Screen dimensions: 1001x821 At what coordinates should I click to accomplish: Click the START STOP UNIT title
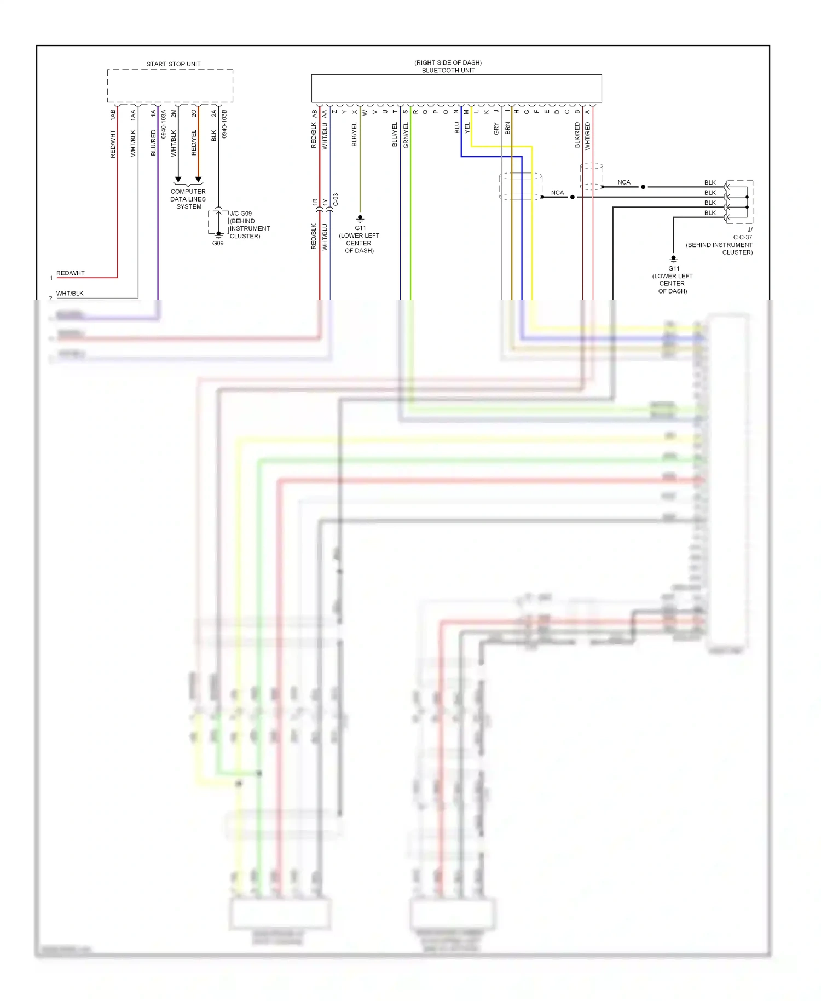[x=173, y=64]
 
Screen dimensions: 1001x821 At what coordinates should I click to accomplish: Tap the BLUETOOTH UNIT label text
[x=448, y=71]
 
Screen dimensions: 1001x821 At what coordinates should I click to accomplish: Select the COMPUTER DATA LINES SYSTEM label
[x=188, y=199]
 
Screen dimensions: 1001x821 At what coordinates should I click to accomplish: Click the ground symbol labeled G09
[x=218, y=235]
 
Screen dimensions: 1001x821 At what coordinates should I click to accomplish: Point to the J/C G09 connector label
[x=241, y=214]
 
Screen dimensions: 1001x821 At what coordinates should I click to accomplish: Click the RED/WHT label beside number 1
[x=71, y=273]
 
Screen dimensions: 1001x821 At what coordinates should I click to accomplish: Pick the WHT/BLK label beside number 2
[x=70, y=294]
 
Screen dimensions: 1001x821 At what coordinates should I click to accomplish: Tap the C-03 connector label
[x=336, y=199]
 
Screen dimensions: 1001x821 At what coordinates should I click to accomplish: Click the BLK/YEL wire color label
[x=354, y=135]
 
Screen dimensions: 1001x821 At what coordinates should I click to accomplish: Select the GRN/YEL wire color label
[x=406, y=135]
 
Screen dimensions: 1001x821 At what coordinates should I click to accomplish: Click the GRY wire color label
[x=496, y=129]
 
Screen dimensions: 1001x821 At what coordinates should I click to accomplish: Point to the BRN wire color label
[x=507, y=129]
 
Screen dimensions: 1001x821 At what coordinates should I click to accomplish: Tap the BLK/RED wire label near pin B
[x=577, y=135]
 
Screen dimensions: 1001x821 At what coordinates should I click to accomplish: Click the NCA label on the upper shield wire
[x=623, y=182]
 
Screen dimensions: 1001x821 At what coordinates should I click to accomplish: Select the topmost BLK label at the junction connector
[x=710, y=183]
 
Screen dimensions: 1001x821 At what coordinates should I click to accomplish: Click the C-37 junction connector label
[x=743, y=237]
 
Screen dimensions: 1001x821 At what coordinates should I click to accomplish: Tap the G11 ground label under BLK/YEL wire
[x=360, y=228]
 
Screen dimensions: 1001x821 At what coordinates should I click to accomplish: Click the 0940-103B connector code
[x=224, y=124]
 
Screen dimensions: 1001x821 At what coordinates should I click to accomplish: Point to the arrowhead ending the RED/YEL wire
[x=199, y=180]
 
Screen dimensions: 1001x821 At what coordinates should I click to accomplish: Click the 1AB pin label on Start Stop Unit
[x=113, y=115]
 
